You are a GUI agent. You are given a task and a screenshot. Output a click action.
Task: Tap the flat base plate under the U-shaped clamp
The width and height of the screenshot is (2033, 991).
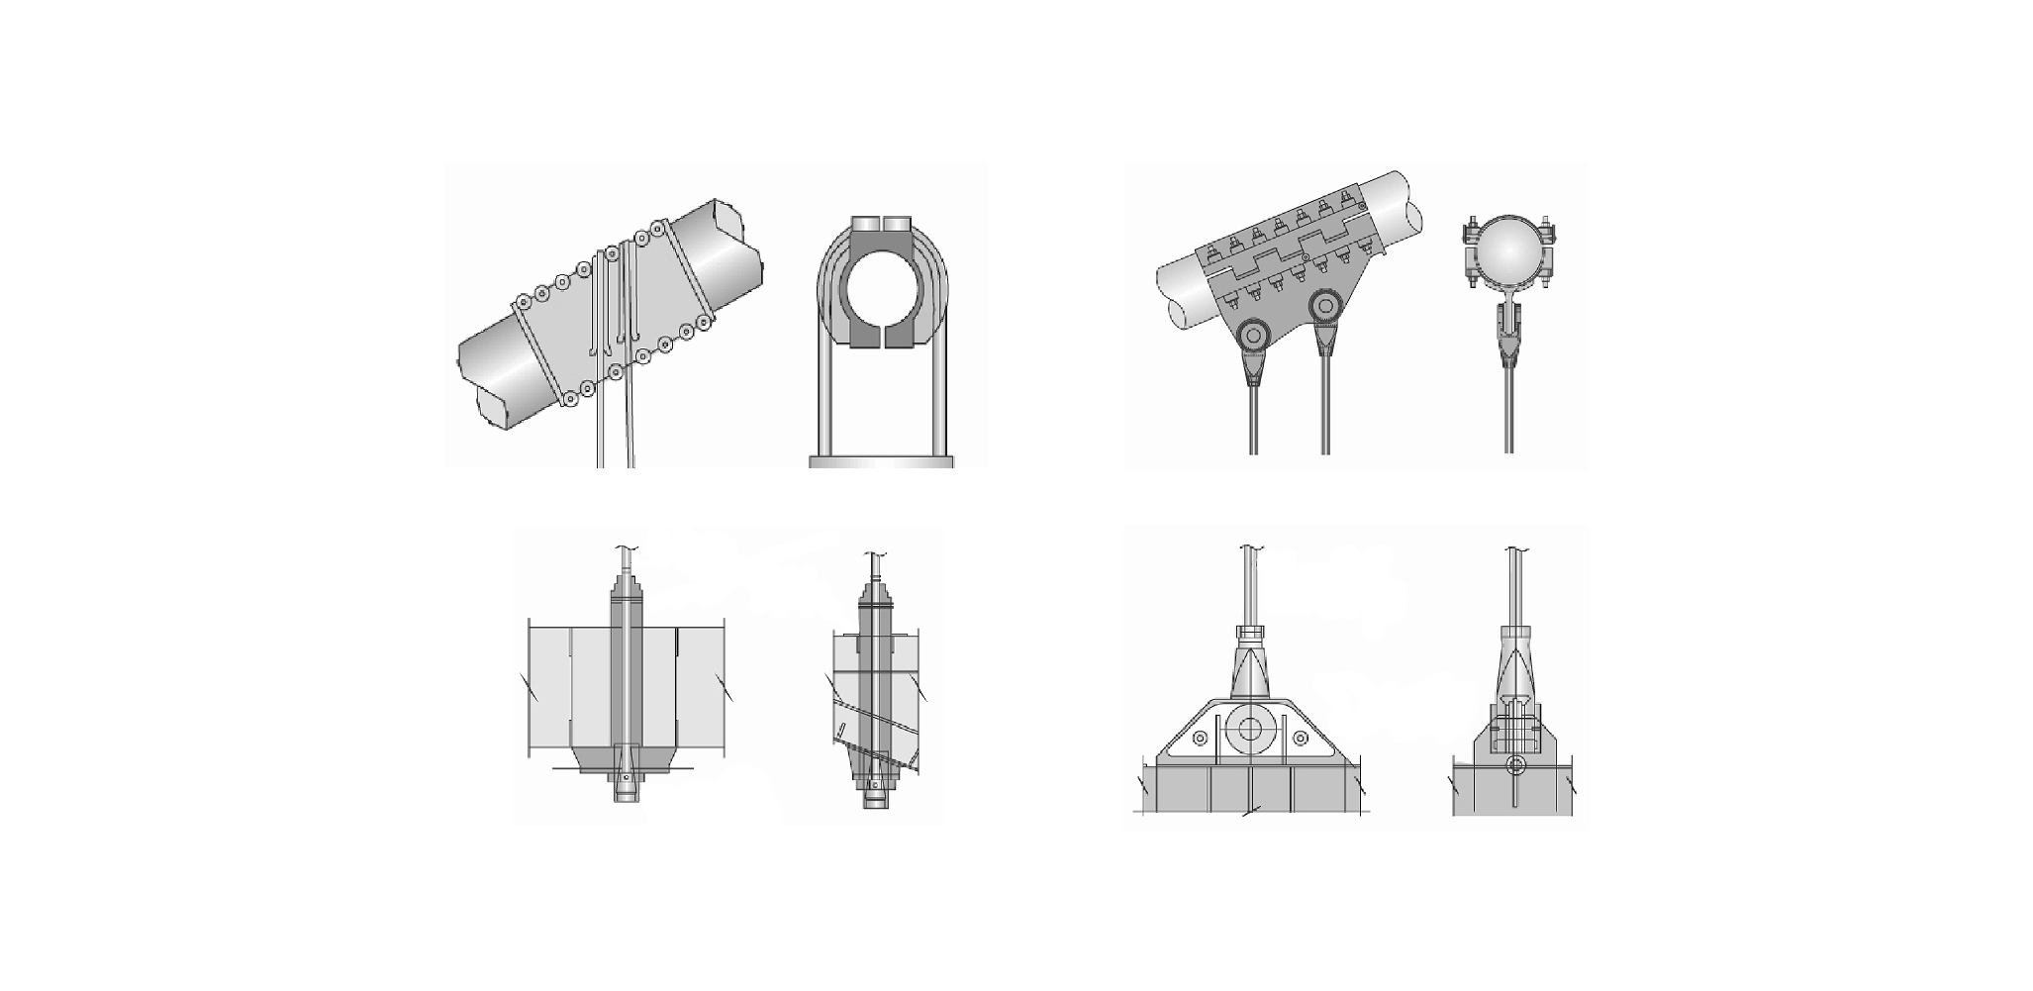[x=881, y=460]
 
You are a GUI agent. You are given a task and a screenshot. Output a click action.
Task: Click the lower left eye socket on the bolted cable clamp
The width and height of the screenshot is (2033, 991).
[x=1253, y=337]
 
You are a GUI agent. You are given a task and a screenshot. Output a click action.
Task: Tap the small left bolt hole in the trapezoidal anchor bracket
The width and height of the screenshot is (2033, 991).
[x=1200, y=739]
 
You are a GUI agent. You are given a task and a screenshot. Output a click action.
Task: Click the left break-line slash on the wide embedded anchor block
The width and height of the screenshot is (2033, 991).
[x=530, y=685]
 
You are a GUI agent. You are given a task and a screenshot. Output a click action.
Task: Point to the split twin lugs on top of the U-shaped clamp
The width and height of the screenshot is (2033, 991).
[x=881, y=222]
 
